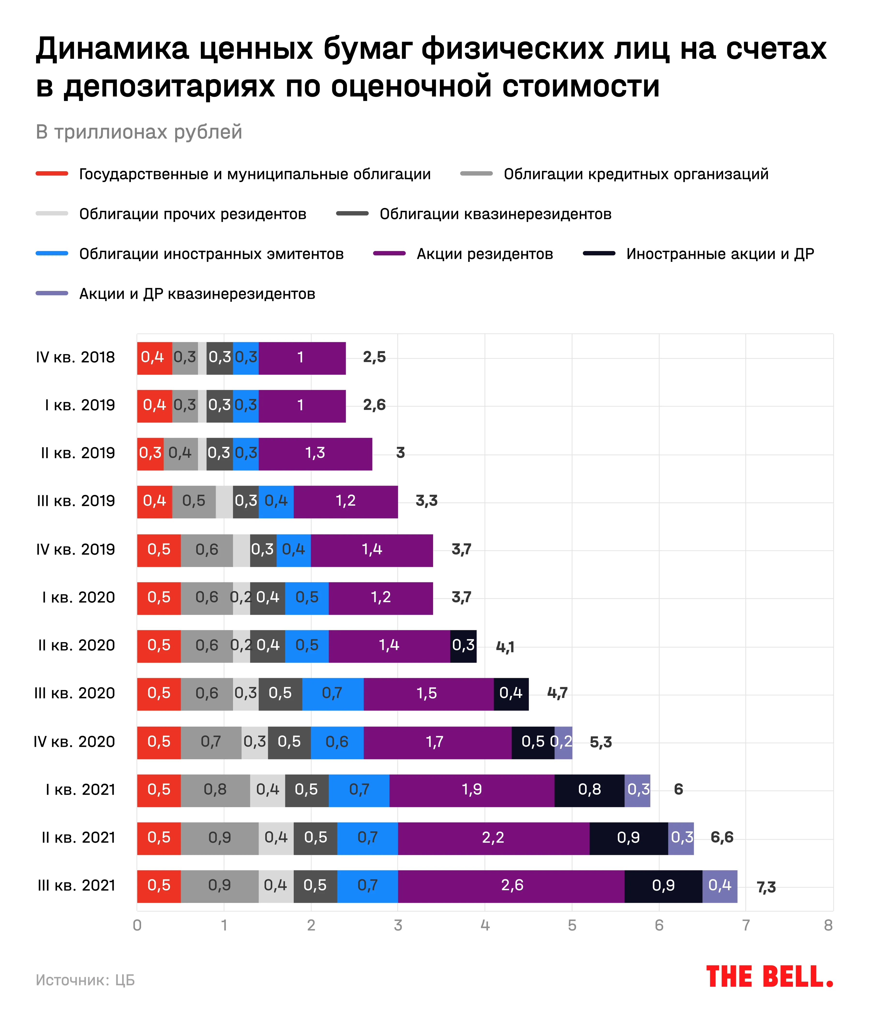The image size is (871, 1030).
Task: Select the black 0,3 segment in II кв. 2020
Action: click(x=463, y=645)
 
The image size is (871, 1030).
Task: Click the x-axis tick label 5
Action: click(x=572, y=925)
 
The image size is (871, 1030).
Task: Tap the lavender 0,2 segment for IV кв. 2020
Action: click(x=563, y=742)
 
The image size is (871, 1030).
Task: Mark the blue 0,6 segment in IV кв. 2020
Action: click(x=337, y=742)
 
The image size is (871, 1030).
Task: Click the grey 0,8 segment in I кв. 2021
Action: click(x=215, y=790)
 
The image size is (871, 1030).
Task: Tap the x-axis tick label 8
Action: click(x=828, y=925)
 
